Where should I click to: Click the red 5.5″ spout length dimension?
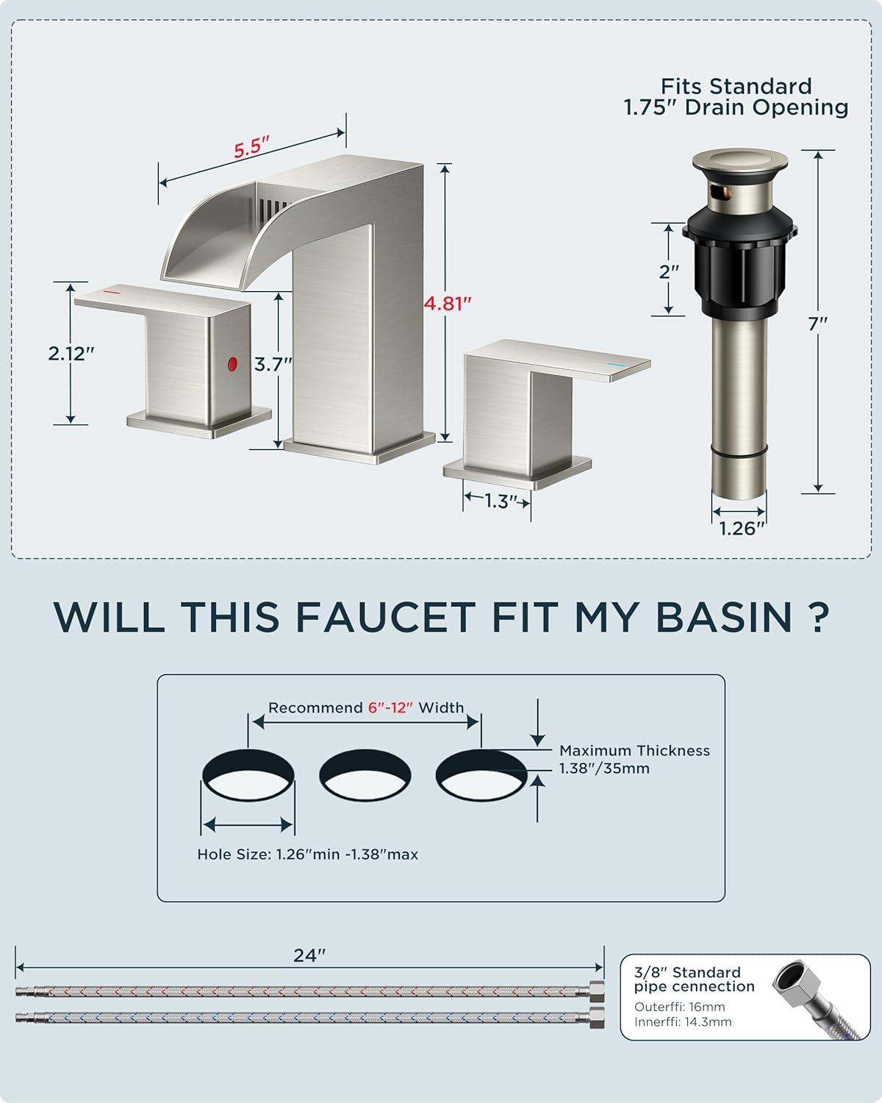point(251,147)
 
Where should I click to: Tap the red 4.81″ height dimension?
point(448,304)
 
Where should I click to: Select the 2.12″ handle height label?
point(71,353)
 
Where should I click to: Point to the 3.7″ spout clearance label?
point(273,365)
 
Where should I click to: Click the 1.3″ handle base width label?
point(501,501)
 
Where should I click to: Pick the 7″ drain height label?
point(817,324)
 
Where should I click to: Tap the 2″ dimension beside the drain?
point(669,271)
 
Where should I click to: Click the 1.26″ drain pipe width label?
point(742,528)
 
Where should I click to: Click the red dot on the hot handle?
point(233,364)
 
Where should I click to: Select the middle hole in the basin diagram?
point(365,774)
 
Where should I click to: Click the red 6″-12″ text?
point(390,707)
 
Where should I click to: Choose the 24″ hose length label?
point(309,955)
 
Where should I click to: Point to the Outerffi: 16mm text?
point(680,1007)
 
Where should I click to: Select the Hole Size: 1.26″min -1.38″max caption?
point(307,854)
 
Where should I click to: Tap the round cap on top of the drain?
point(740,160)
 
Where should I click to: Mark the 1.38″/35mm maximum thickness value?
point(604,768)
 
